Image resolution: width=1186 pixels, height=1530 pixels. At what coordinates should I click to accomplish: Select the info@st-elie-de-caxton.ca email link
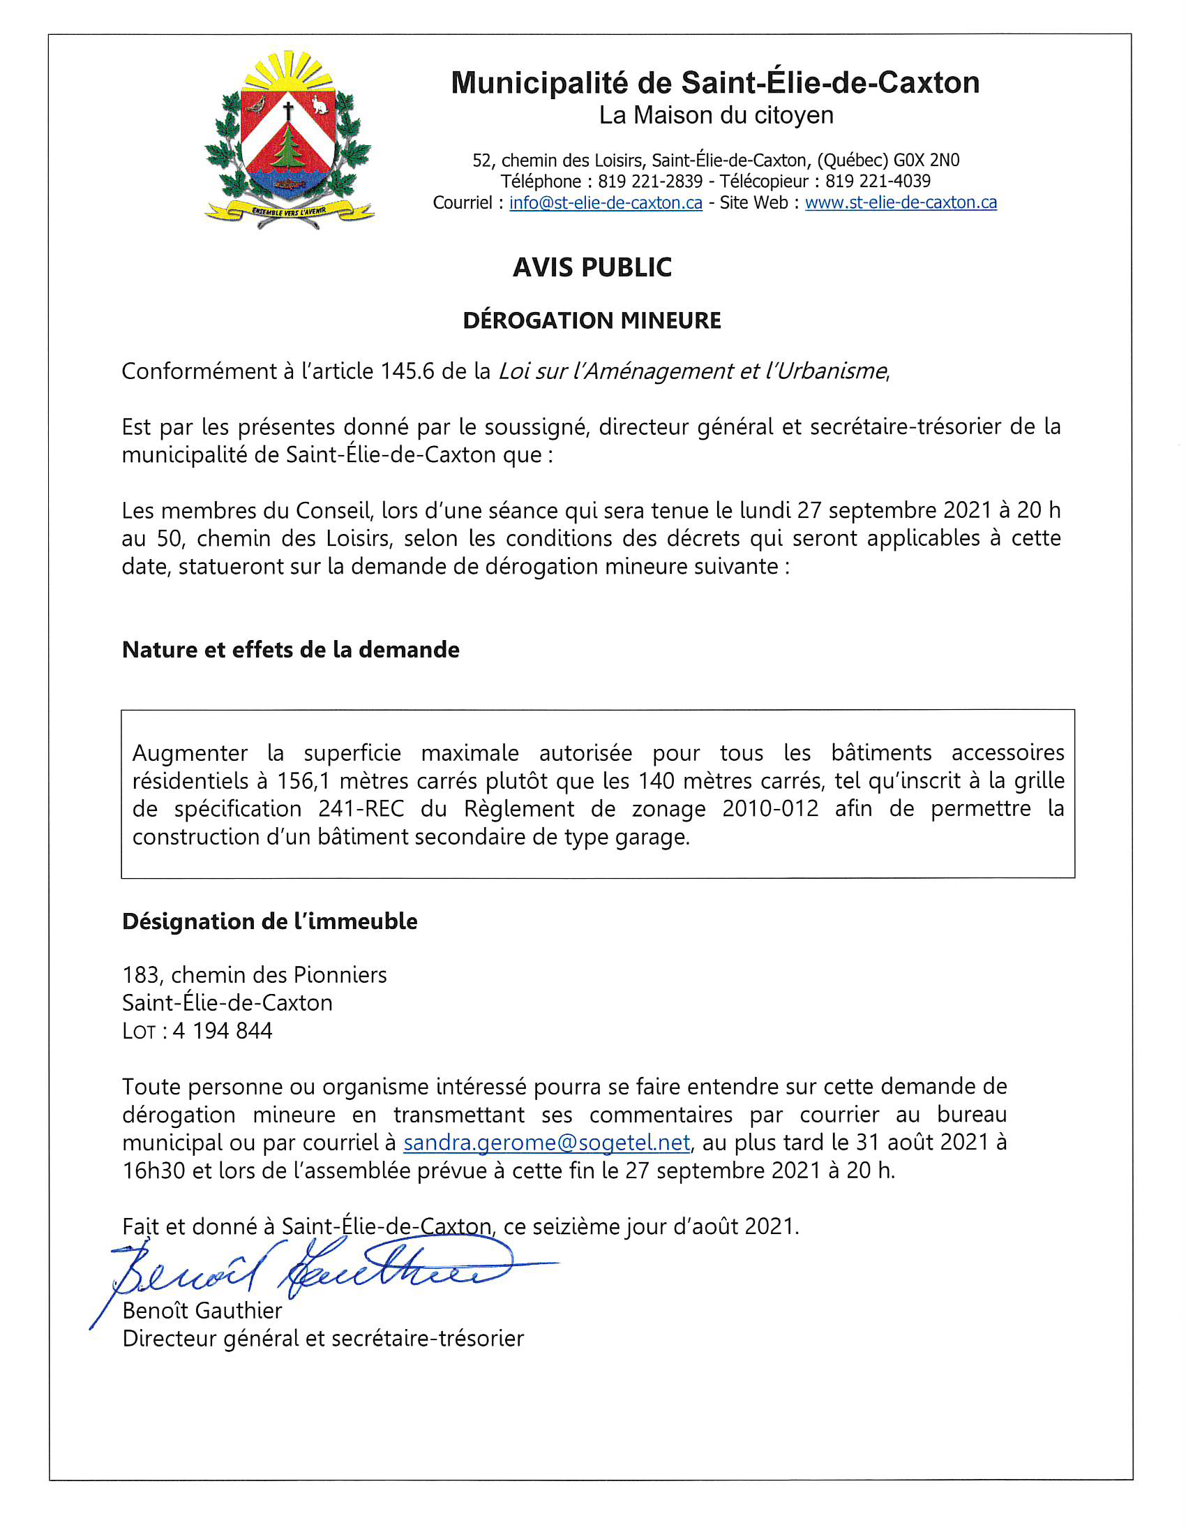click(606, 202)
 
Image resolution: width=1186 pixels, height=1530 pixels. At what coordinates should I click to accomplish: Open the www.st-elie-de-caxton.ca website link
click(901, 202)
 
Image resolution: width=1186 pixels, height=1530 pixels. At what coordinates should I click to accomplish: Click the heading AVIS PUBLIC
click(592, 267)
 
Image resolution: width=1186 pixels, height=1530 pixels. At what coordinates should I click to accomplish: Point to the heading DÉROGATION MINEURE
click(592, 321)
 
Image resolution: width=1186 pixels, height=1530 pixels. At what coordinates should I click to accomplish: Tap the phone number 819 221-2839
click(650, 181)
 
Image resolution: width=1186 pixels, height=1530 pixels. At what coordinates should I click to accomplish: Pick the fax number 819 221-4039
click(878, 181)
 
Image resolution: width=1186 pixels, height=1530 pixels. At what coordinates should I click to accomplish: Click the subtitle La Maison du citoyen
click(716, 116)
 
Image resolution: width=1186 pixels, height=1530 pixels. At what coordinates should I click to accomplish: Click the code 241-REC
click(361, 808)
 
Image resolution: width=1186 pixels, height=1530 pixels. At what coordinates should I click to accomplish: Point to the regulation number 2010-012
click(770, 808)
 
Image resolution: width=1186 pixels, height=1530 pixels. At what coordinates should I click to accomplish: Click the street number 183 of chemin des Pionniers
click(142, 974)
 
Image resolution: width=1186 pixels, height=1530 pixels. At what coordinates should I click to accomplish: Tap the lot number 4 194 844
click(222, 1030)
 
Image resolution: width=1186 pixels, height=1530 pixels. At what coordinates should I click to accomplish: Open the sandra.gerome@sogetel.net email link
click(547, 1143)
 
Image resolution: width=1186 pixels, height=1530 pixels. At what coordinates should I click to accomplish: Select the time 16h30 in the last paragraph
click(153, 1171)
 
